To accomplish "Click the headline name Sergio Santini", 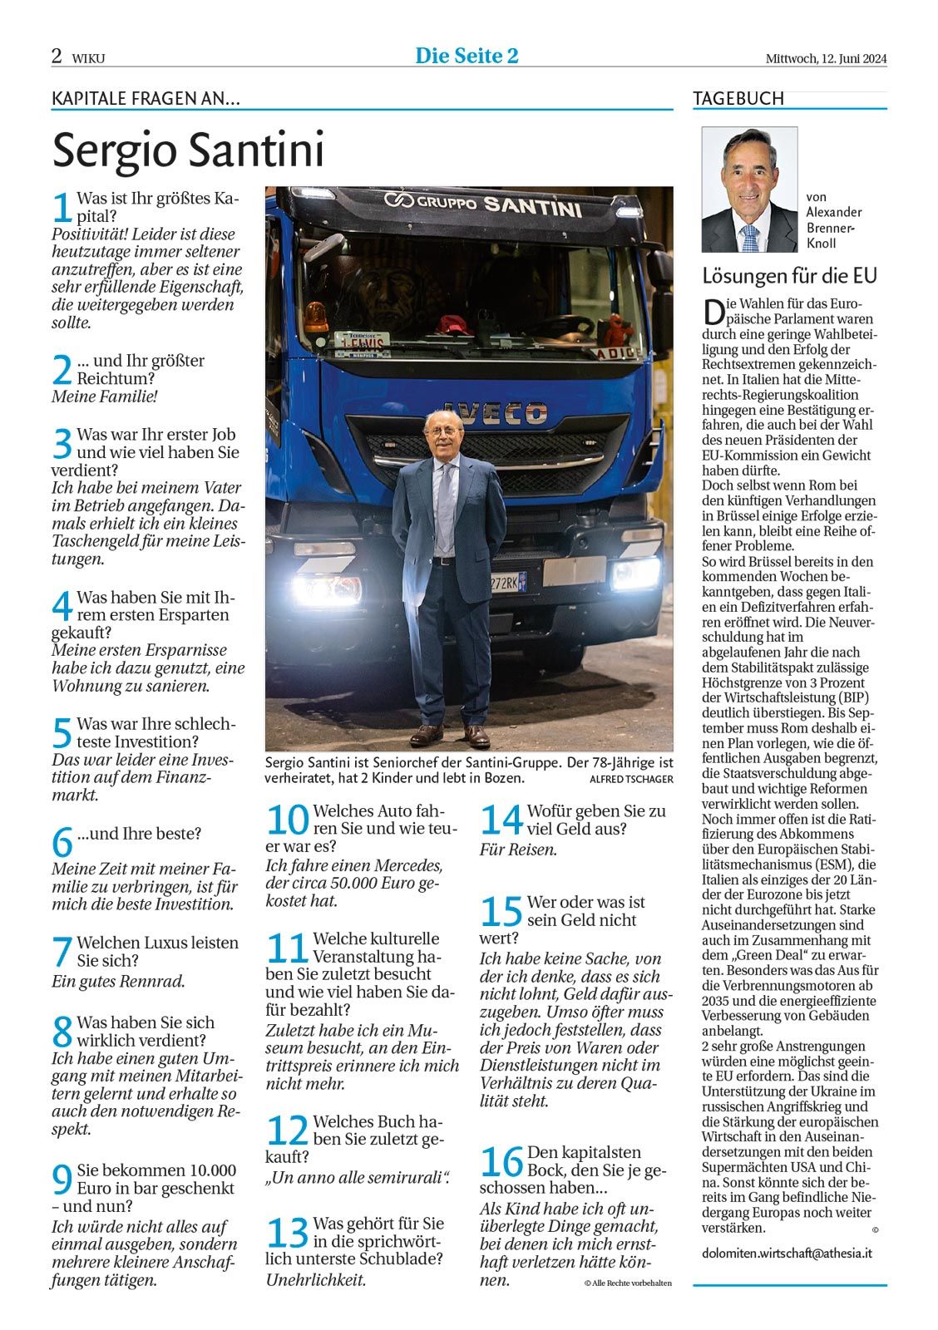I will coord(188,150).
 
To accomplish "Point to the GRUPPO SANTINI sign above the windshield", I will coord(481,203).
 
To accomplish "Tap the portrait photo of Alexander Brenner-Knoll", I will coord(749,190).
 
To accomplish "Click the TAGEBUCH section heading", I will coord(738,98).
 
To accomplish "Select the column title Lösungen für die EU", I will coord(789,275).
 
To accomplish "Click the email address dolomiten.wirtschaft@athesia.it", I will coord(786,1253).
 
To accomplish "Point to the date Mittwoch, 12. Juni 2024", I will coord(826,58).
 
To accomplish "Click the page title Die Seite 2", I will coord(467,56).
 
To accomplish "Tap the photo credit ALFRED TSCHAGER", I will coord(630,779).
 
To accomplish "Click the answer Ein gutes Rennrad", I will coord(118,981).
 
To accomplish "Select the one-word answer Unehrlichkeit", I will coord(316,1279).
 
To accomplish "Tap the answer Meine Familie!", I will coord(104,397).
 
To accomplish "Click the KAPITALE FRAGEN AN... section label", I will coord(146,98).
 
